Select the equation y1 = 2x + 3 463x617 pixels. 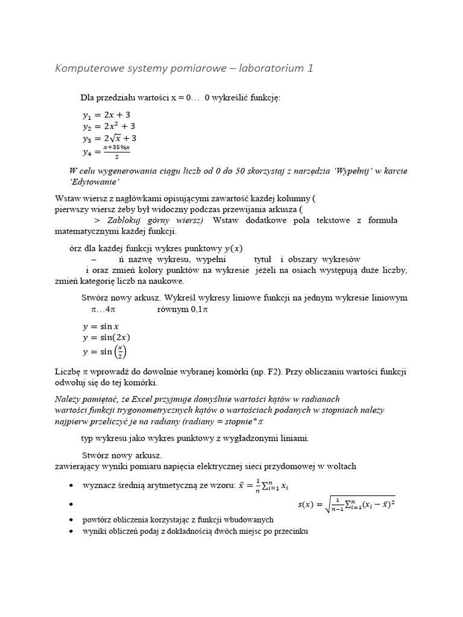click(x=106, y=114)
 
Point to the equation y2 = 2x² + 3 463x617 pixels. click(x=109, y=127)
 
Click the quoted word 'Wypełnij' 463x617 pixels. click(x=344, y=171)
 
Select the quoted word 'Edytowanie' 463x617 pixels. click(x=95, y=182)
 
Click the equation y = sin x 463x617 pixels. click(x=101, y=327)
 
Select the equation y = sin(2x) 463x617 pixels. click(x=106, y=338)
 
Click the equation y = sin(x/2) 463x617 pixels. click(x=106, y=352)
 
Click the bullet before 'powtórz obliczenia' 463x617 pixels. click(x=72, y=519)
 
